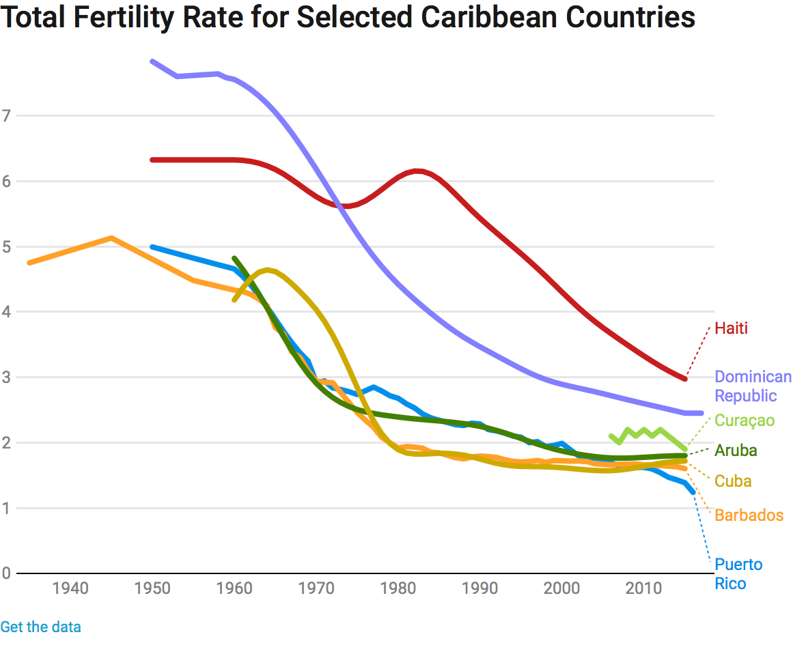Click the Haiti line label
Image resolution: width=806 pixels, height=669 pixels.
click(x=731, y=328)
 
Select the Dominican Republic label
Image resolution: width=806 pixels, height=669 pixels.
click(x=753, y=386)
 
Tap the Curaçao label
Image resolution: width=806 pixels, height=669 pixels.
click(x=745, y=421)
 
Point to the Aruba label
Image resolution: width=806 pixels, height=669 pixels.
click(x=736, y=451)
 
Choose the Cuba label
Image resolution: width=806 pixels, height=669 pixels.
click(x=733, y=481)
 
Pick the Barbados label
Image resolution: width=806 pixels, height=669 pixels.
click(x=749, y=515)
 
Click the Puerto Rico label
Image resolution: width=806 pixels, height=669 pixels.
click(x=738, y=574)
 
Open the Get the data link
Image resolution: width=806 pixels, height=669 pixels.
click(x=40, y=627)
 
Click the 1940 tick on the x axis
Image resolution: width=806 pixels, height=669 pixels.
click(x=71, y=588)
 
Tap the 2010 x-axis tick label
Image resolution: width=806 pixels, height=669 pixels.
click(x=643, y=588)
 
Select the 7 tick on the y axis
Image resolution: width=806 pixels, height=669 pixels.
click(x=6, y=115)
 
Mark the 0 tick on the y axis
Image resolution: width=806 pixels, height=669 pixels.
click(x=6, y=573)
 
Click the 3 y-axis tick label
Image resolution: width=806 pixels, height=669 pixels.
click(x=6, y=378)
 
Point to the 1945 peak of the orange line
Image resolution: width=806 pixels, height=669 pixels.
click(x=111, y=238)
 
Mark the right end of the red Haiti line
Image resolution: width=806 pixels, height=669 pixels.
click(x=684, y=378)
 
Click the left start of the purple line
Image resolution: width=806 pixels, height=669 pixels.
click(x=152, y=61)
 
